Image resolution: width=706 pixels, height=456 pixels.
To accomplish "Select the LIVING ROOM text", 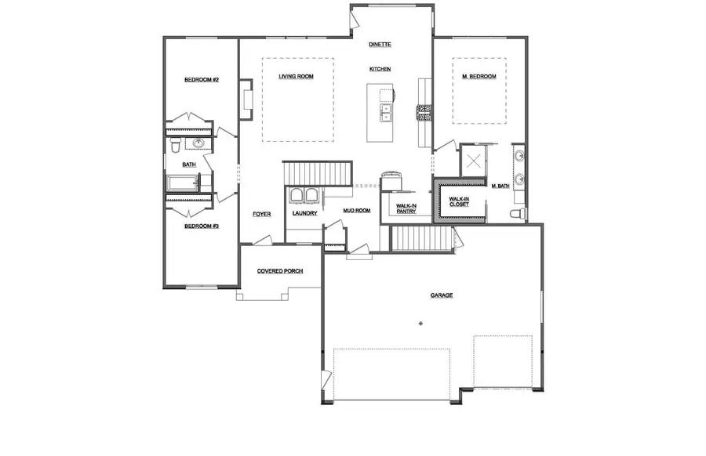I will click(x=296, y=76).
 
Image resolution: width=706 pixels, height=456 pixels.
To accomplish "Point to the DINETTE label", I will click(x=380, y=45).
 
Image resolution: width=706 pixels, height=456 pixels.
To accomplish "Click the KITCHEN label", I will click(x=380, y=70).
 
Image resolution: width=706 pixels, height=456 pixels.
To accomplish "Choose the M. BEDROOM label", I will click(x=479, y=76).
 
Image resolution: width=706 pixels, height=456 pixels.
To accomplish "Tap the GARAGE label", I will click(x=441, y=295).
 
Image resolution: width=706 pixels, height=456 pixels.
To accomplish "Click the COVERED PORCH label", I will click(x=280, y=271).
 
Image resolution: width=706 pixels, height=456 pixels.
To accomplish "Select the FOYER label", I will click(x=261, y=214).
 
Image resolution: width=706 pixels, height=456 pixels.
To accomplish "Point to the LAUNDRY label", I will click(x=304, y=213).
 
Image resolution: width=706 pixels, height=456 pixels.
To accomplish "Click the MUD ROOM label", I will click(x=356, y=210).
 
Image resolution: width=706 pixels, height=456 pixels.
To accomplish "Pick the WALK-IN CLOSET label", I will click(x=459, y=202).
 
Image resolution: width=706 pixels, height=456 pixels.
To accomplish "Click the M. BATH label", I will click(x=500, y=186).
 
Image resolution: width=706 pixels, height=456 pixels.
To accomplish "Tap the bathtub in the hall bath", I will click(x=182, y=183).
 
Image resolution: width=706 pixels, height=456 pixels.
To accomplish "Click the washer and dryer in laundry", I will click(x=304, y=196).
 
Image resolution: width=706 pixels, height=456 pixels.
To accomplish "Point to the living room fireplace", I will click(x=245, y=99).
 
